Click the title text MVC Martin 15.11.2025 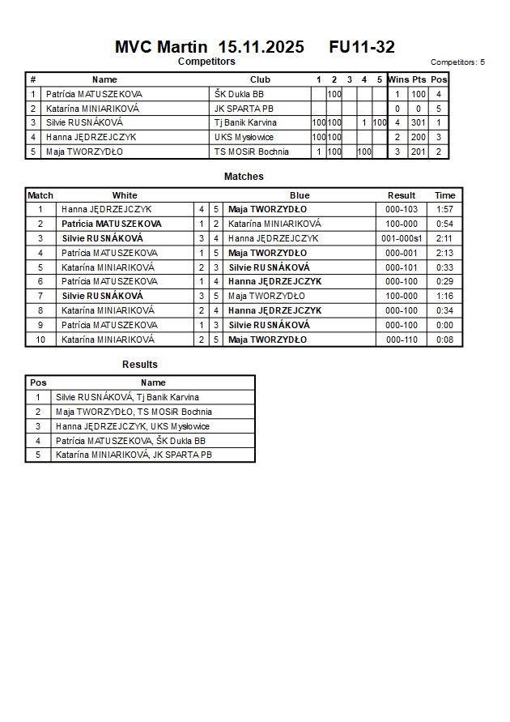tap(210, 47)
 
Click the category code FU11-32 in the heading tap(362, 47)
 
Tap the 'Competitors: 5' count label tap(457, 62)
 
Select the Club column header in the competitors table tap(260, 79)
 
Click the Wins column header tap(397, 79)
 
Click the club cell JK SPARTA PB tap(244, 109)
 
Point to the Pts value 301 tap(418, 123)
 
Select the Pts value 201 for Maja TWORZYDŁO tap(418, 152)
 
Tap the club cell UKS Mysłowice tap(244, 138)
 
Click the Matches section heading tap(244, 177)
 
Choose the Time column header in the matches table tap(444, 195)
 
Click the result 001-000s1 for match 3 tap(401, 238)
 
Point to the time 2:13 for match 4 tap(444, 253)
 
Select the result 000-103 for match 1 tap(401, 210)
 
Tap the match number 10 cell tap(40, 340)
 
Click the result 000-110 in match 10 tap(401, 340)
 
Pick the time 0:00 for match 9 tap(444, 325)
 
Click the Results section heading tap(140, 365)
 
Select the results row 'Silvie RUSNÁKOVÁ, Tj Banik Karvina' tap(127, 397)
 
